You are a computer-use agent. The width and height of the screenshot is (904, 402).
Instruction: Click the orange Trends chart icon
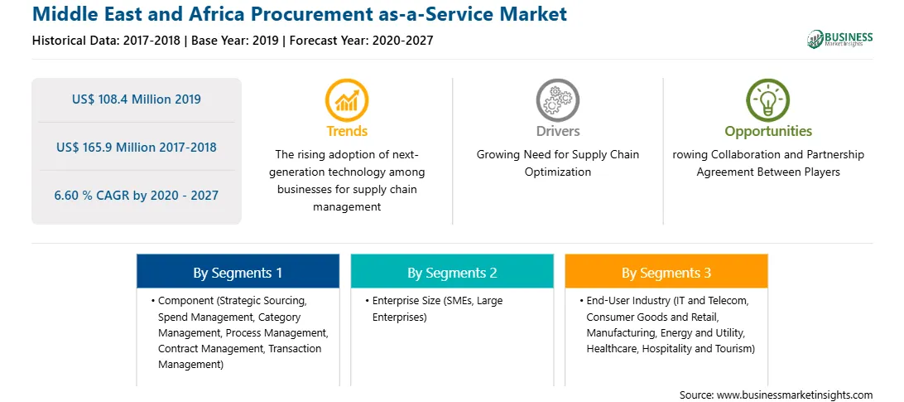pyautogui.click(x=347, y=100)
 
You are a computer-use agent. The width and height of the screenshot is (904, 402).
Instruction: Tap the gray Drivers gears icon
pyautogui.click(x=557, y=100)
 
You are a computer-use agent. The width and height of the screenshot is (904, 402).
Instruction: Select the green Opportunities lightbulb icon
pyautogui.click(x=768, y=100)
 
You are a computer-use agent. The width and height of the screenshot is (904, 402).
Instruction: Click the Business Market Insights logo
pyautogui.click(x=839, y=39)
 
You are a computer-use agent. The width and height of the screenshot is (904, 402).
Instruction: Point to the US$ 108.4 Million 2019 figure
pyautogui.click(x=137, y=99)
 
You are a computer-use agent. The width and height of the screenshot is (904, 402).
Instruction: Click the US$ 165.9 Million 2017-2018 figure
pyautogui.click(x=137, y=148)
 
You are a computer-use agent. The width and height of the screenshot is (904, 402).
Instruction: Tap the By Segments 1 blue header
pyautogui.click(x=238, y=271)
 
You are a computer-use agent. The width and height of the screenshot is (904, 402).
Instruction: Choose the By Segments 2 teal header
pyautogui.click(x=452, y=271)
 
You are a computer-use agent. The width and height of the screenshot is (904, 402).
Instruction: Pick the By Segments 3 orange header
pyautogui.click(x=666, y=271)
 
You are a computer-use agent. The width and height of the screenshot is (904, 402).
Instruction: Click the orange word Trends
pyautogui.click(x=347, y=131)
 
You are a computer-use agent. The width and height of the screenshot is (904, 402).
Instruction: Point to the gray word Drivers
pyautogui.click(x=557, y=131)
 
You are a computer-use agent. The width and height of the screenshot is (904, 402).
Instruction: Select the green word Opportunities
pyautogui.click(x=768, y=132)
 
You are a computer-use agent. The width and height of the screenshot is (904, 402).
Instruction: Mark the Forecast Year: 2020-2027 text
pyautogui.click(x=362, y=41)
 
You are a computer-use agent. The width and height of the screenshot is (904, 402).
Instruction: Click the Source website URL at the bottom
pyautogui.click(x=795, y=395)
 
